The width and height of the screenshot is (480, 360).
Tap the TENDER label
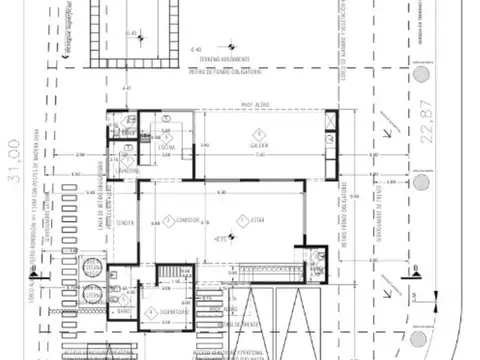pyautogui.click(x=125, y=221)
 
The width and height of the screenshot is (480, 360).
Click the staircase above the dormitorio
pyautogui.click(x=175, y=274)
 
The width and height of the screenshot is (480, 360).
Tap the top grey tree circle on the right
pyautogui.click(x=421, y=74)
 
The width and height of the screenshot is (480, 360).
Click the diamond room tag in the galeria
pyautogui.click(x=258, y=133)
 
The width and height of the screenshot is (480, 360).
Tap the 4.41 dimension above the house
pyautogui.click(x=128, y=91)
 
